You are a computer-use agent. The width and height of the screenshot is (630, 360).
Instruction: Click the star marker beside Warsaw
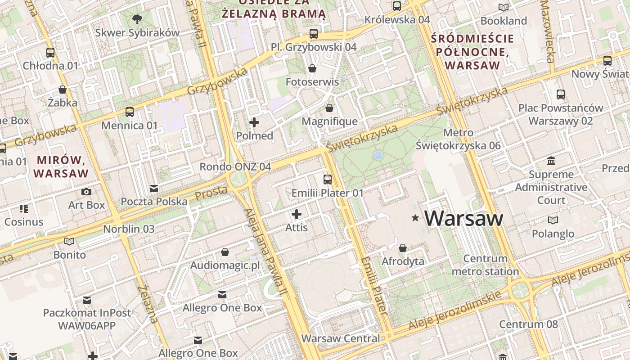[x=415, y=218]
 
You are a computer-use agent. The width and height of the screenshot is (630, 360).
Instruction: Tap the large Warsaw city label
[x=463, y=218]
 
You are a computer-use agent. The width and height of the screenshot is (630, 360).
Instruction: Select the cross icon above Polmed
[x=254, y=122]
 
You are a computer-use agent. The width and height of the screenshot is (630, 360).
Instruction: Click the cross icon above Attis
[x=297, y=214]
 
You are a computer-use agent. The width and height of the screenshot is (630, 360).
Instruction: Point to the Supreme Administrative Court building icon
[x=551, y=161]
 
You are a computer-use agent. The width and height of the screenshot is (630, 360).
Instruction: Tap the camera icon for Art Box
[x=86, y=192]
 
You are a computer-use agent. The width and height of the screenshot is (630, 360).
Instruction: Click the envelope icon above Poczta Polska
[x=154, y=188]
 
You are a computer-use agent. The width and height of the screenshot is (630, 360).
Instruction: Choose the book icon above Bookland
[x=504, y=7]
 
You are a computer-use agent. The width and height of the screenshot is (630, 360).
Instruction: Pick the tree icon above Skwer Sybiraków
[x=137, y=19]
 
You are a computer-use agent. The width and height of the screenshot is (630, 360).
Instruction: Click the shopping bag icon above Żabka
[x=63, y=90]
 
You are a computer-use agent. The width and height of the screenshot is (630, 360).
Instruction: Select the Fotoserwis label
[x=312, y=82]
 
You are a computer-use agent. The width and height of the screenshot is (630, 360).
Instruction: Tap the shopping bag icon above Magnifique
[x=329, y=108]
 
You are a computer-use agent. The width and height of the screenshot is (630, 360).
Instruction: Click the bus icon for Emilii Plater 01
[x=328, y=180]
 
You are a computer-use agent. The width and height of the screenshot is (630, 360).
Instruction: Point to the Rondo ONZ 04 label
[x=235, y=166]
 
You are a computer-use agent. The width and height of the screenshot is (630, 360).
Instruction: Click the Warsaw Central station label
[x=341, y=338]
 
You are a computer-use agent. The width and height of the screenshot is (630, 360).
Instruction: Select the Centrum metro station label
[x=485, y=265]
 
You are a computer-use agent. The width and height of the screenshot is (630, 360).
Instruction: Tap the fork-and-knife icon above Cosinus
[x=23, y=209]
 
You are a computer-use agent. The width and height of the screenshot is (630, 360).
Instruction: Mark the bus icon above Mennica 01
[x=130, y=112]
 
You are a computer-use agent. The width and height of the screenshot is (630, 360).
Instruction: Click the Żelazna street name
[x=148, y=304]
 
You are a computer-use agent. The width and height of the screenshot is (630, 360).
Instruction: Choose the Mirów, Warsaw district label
[x=61, y=166]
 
